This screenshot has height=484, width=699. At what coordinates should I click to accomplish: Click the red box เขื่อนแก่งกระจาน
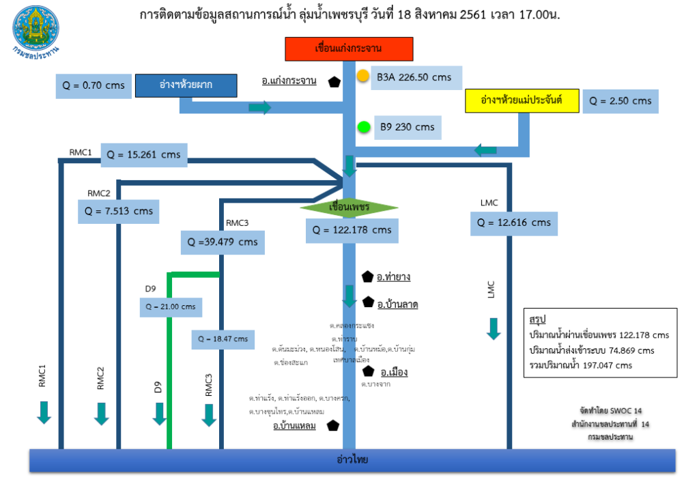(348, 49)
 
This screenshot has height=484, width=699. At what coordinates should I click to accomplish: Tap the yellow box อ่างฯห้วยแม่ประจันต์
(522, 100)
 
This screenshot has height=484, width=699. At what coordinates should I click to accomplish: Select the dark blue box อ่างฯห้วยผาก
(186, 85)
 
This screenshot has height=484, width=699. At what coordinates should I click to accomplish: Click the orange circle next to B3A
(363, 76)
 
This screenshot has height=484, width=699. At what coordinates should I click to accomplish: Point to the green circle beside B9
(364, 126)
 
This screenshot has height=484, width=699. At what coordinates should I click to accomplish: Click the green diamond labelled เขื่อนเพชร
(349, 206)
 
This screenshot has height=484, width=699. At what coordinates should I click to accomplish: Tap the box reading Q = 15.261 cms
(144, 154)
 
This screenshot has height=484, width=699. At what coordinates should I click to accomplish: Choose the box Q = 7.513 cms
(119, 211)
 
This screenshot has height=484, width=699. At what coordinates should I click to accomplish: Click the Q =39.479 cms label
(222, 242)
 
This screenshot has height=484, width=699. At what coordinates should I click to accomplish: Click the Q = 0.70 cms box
(94, 85)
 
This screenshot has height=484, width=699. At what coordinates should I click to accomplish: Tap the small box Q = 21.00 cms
(170, 307)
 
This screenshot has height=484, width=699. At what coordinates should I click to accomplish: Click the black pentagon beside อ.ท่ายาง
(367, 276)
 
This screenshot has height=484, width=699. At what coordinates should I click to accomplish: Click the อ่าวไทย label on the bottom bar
(352, 459)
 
